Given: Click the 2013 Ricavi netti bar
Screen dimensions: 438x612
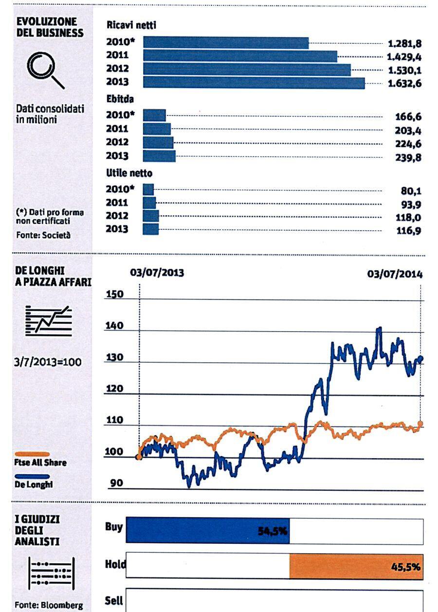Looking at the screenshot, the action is pos(254,83).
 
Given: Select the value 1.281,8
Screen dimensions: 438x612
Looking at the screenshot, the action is pos(405,43).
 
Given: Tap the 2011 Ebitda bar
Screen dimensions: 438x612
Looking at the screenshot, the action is pos(157,129).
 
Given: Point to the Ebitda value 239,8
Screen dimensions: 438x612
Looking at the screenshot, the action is pos(408,158).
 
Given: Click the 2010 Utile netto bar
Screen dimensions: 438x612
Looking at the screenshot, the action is pos(148,189).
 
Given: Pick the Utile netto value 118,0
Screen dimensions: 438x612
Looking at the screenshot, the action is pos(408,218).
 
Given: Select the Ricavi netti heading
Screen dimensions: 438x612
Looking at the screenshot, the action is pos(131,25).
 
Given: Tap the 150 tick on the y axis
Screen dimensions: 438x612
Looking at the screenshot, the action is pos(114,294).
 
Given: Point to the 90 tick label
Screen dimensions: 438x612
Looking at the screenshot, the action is pos(116,483).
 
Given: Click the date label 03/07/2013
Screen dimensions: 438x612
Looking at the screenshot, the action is pos(157,273).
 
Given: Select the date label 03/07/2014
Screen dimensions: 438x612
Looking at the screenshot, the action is pos(395,274).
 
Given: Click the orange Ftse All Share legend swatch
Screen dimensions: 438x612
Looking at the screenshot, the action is pos(32,454).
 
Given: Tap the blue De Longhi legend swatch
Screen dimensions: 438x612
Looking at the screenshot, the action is pos(32,477).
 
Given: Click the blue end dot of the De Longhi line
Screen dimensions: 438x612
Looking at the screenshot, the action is pos(421,358).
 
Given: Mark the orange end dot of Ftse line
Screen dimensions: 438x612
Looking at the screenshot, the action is pos(420,424).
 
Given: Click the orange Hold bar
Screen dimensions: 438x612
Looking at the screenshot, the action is pos(356,567).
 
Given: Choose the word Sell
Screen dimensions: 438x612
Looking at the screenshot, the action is pos(114,600).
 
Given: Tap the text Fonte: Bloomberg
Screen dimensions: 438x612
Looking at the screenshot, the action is pos(49,605).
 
